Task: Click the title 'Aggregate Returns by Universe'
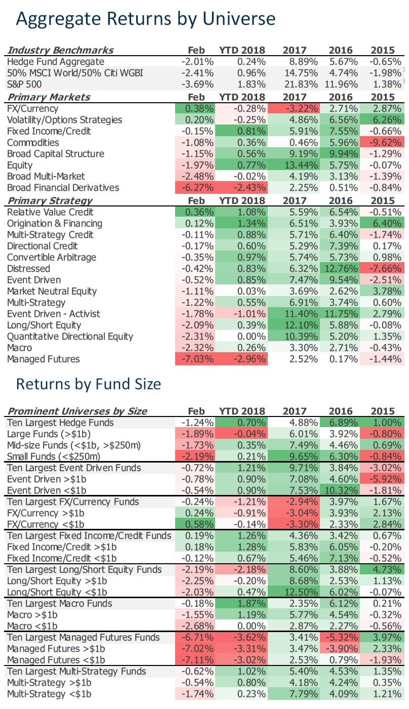pyautogui.click(x=146, y=19)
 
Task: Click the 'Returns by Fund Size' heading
pyautogui.click(x=89, y=384)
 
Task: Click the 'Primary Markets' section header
pyautogui.click(x=49, y=97)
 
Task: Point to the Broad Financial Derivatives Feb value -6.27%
pyautogui.click(x=197, y=188)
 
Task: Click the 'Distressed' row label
pyautogui.click(x=28, y=268)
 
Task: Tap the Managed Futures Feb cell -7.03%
pyautogui.click(x=197, y=359)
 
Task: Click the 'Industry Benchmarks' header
pyautogui.click(x=60, y=50)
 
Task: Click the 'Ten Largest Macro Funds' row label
pyautogui.click(x=59, y=604)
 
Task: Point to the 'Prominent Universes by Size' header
pyautogui.click(x=77, y=410)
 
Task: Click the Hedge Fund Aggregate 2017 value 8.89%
pyautogui.click(x=302, y=62)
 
